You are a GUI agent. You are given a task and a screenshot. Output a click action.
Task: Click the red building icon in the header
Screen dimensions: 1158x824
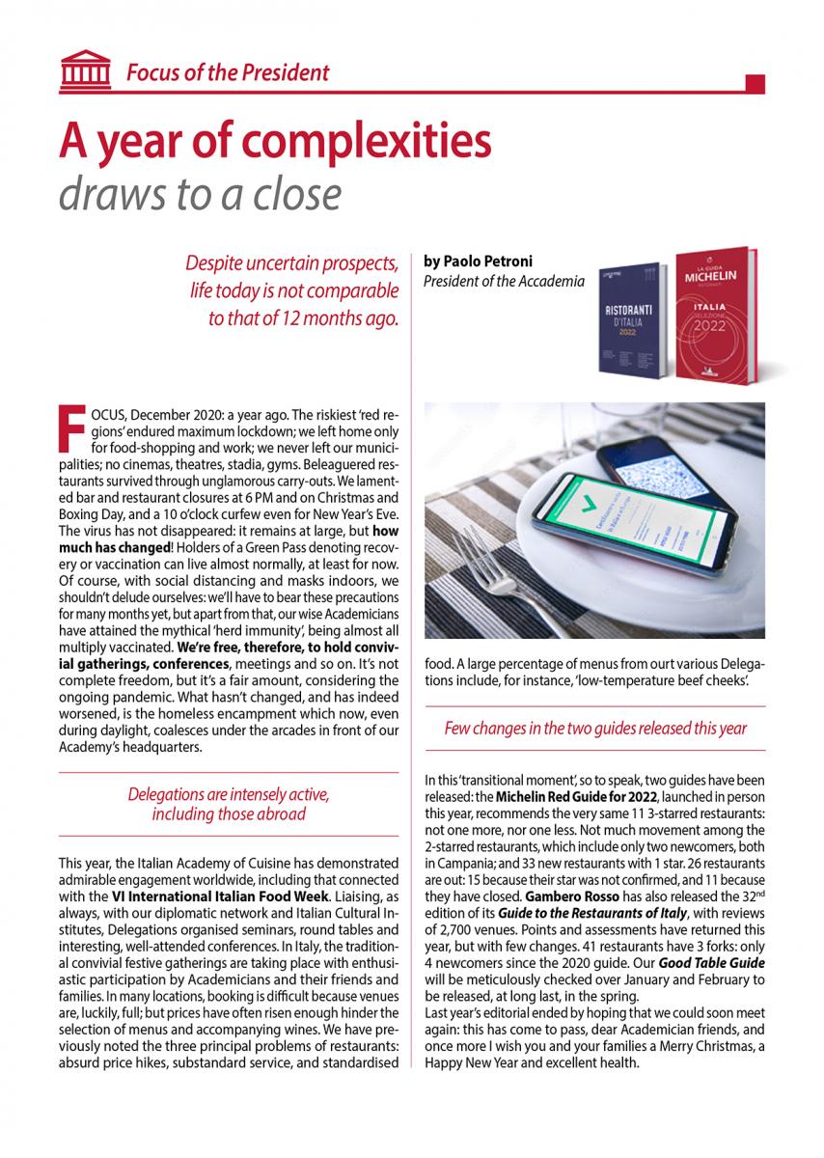[x=84, y=70]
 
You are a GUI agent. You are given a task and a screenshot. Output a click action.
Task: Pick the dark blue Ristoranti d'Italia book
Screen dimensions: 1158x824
[x=633, y=320]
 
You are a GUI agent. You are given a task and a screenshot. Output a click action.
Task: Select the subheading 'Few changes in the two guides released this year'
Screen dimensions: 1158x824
[x=595, y=728]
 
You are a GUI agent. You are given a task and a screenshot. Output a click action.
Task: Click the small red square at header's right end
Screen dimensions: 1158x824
[x=755, y=83]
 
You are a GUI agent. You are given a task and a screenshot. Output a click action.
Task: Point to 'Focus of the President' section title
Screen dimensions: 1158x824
[x=227, y=71]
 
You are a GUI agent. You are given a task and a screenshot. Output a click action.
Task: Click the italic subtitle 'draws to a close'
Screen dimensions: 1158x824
[x=200, y=194]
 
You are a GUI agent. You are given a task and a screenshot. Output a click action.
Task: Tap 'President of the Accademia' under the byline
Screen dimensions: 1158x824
[x=504, y=281]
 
